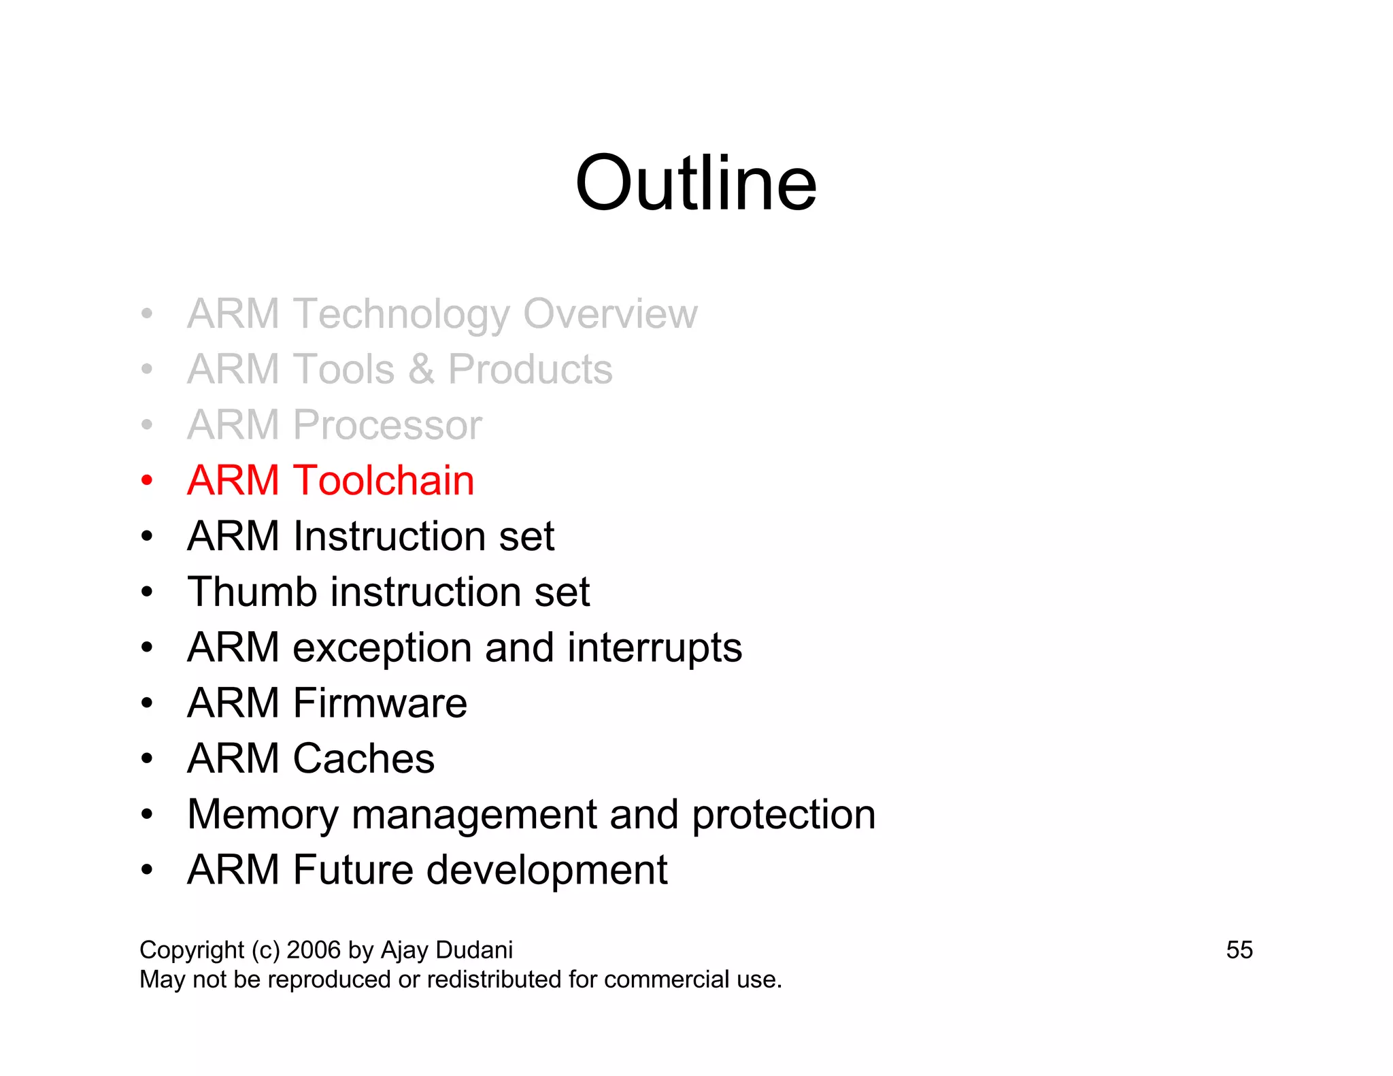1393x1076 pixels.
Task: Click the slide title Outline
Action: pyautogui.click(x=695, y=184)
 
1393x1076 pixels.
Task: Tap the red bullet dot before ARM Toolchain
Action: pyautogui.click(x=147, y=481)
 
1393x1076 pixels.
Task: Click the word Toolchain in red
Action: pyautogui.click(x=384, y=480)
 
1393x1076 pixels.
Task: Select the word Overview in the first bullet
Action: pyautogui.click(x=610, y=314)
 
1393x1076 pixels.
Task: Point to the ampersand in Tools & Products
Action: pyautogui.click(x=421, y=369)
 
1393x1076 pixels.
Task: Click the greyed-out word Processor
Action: pyautogui.click(x=387, y=425)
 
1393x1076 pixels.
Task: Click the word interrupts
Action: pyautogui.click(x=654, y=648)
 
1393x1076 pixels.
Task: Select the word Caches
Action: pyautogui.click(x=363, y=758)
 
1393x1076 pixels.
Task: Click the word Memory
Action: pyautogui.click(x=263, y=815)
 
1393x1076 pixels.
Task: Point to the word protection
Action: pyautogui.click(x=784, y=815)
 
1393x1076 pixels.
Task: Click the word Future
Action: pyautogui.click(x=353, y=870)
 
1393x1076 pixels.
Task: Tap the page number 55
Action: pyautogui.click(x=1239, y=950)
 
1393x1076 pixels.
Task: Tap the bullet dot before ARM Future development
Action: pyautogui.click(x=147, y=870)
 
